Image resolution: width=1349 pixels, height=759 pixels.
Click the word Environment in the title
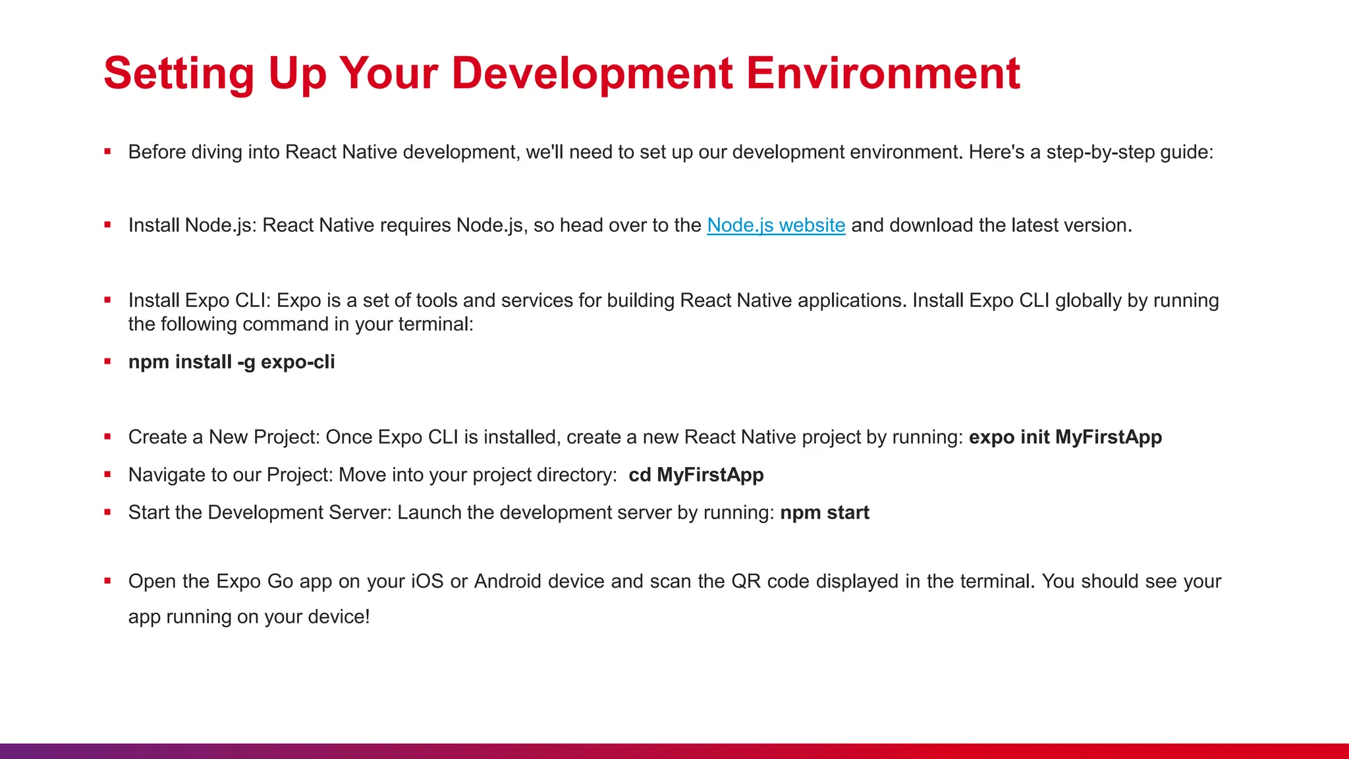click(x=883, y=73)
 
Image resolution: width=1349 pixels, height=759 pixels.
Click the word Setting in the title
click(x=179, y=73)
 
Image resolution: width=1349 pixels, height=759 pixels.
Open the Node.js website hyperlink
click(x=775, y=225)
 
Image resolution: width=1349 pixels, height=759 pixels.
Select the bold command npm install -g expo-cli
click(x=231, y=362)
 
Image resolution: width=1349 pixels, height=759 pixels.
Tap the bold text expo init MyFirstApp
click(x=1064, y=437)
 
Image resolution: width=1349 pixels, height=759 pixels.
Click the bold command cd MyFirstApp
click(x=696, y=475)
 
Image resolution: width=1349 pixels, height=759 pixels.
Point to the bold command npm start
click(x=824, y=513)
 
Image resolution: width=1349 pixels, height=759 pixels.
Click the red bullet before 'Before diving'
click(x=107, y=152)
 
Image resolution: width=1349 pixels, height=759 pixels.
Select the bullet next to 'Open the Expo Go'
click(x=107, y=581)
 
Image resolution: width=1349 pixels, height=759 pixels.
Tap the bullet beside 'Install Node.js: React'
click(x=107, y=225)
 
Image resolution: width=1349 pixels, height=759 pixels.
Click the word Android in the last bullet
click(x=507, y=581)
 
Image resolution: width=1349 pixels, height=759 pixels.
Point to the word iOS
click(x=427, y=581)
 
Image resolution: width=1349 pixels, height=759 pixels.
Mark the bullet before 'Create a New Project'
click(x=107, y=437)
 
